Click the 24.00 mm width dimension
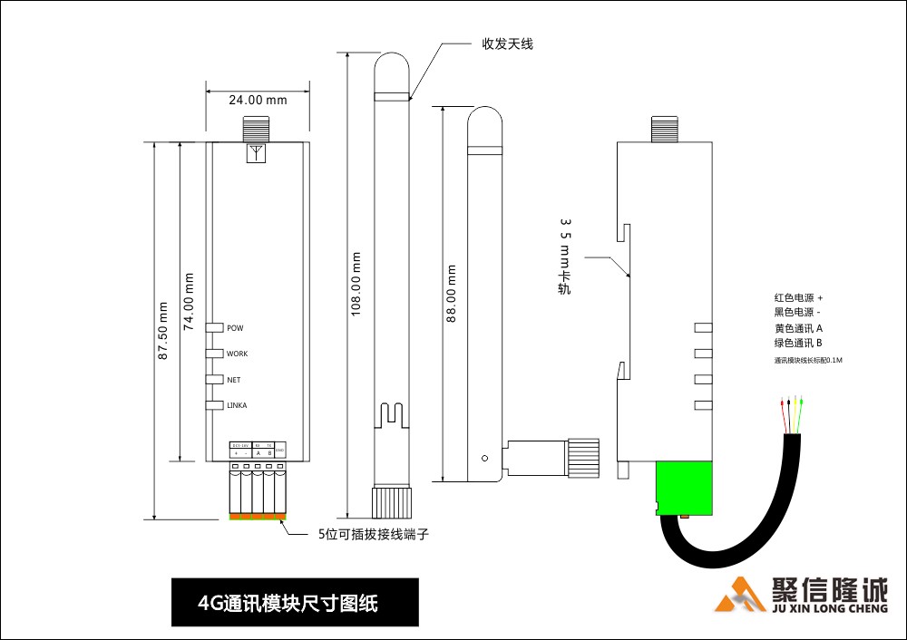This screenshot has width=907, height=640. tap(258, 100)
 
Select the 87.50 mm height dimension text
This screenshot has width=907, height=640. tap(164, 331)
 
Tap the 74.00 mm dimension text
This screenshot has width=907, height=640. tap(190, 302)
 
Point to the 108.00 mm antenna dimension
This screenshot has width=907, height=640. tap(356, 284)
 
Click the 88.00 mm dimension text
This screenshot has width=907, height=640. tap(451, 294)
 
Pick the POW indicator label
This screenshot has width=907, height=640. tap(235, 328)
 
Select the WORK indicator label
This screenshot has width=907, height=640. tap(237, 354)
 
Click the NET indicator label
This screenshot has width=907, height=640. tap(233, 380)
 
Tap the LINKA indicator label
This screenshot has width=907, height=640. tap(237, 405)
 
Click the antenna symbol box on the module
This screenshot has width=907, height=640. tap(258, 151)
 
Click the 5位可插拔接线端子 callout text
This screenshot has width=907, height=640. tap(373, 535)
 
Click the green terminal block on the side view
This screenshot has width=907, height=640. tap(686, 488)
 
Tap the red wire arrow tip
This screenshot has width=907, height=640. tap(782, 400)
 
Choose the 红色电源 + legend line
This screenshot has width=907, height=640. tap(799, 297)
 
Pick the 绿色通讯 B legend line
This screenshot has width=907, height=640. tap(798, 344)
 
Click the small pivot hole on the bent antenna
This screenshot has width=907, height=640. tap(485, 458)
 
